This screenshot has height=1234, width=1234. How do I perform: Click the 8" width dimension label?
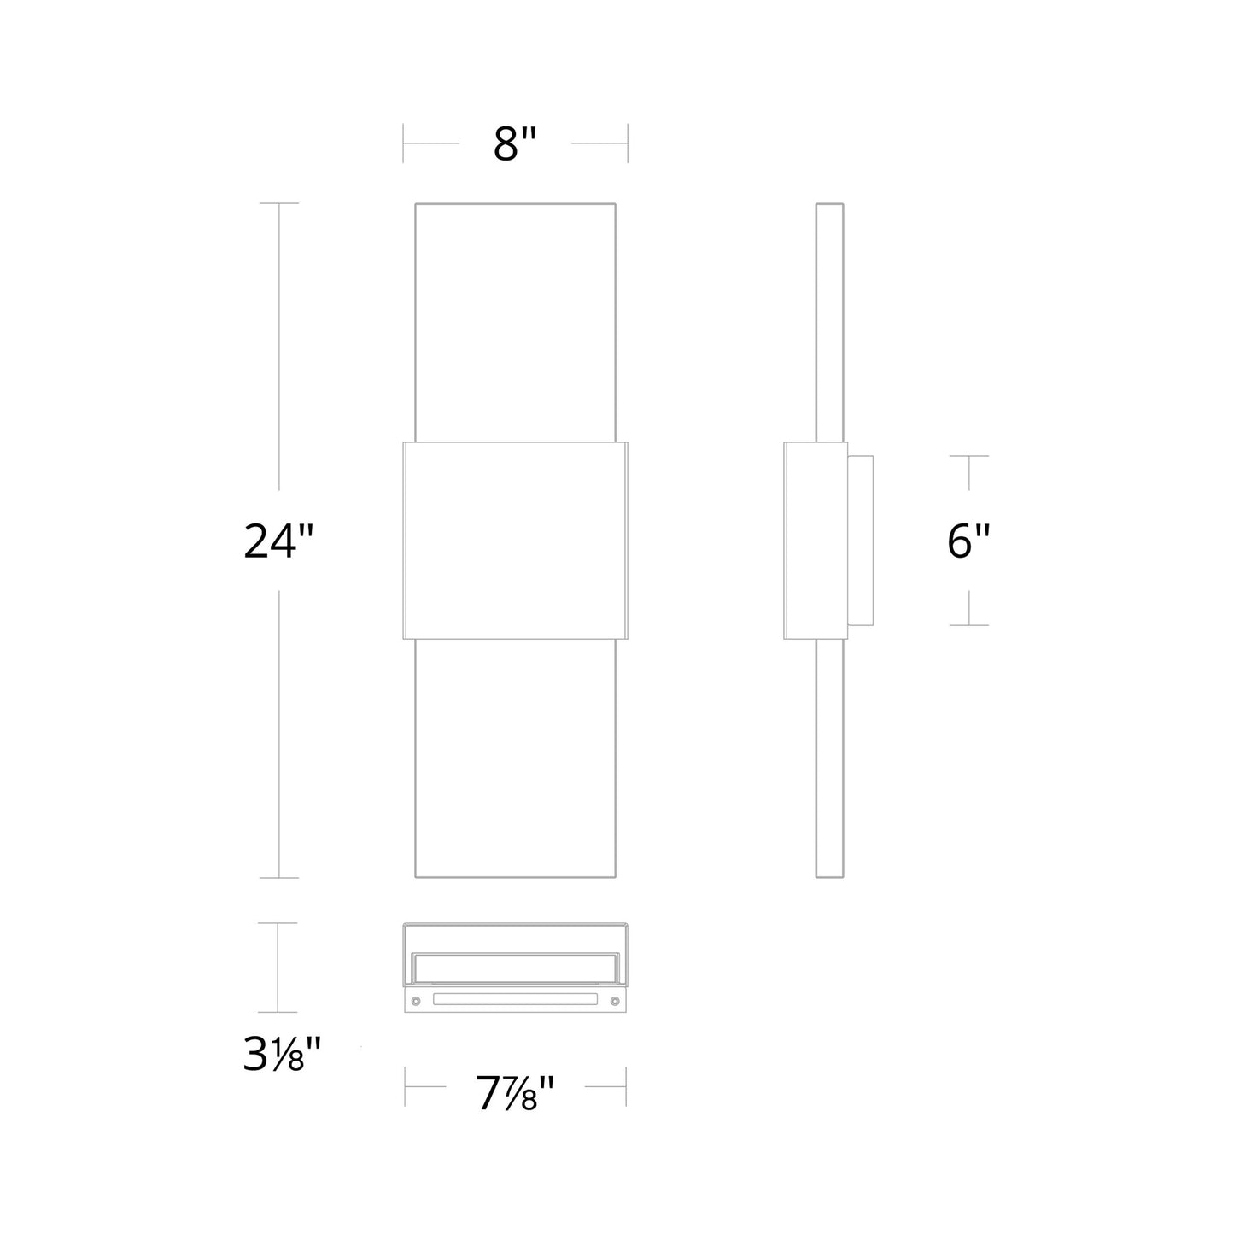[516, 144]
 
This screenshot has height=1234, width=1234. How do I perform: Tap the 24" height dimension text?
[279, 541]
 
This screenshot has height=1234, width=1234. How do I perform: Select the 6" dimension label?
[968, 541]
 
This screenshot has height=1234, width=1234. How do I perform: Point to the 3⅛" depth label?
[281, 1056]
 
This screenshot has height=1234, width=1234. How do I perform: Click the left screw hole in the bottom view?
[415, 1000]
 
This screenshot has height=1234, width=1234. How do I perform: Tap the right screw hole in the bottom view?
[614, 1000]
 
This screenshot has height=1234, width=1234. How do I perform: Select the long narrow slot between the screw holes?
[514, 999]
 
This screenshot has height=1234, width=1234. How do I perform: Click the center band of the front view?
[515, 541]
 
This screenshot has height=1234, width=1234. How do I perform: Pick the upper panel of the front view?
[515, 323]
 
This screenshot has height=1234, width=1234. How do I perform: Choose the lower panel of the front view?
[515, 758]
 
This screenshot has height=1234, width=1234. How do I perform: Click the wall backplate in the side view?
[861, 541]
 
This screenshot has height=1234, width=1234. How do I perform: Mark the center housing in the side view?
[816, 541]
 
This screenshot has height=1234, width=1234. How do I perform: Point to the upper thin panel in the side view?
[829, 323]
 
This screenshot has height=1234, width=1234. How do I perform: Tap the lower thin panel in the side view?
[829, 758]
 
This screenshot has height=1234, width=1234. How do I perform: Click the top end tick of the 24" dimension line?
[278, 203]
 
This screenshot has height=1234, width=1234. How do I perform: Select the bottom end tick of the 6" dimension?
[968, 625]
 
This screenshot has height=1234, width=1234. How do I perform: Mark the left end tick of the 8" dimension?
[404, 143]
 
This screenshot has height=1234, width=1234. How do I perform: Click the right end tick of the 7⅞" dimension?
[626, 1087]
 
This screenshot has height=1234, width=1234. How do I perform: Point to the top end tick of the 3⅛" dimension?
[278, 923]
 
